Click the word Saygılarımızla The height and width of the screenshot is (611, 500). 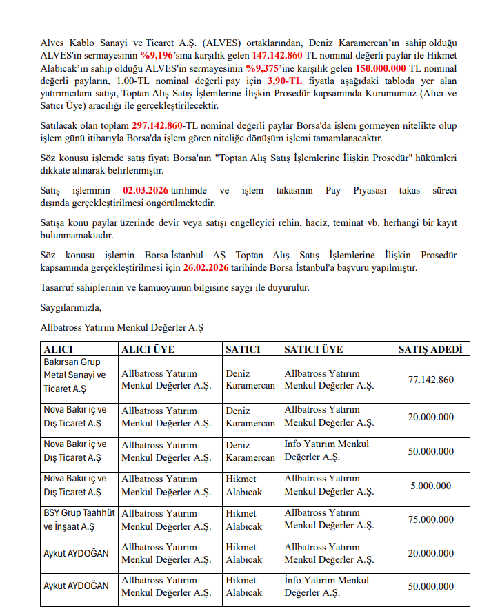tap(70, 307)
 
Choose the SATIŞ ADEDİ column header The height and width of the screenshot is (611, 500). tap(430, 349)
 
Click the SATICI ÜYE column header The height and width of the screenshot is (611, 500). tap(313, 349)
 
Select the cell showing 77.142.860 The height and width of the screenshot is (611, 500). tap(430, 380)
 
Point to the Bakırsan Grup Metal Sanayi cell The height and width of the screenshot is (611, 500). tap(76, 375)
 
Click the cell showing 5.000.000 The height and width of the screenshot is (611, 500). tap(430, 486)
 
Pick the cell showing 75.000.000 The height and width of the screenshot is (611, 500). tap(430, 520)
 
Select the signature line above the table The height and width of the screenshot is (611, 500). tap(122, 327)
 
